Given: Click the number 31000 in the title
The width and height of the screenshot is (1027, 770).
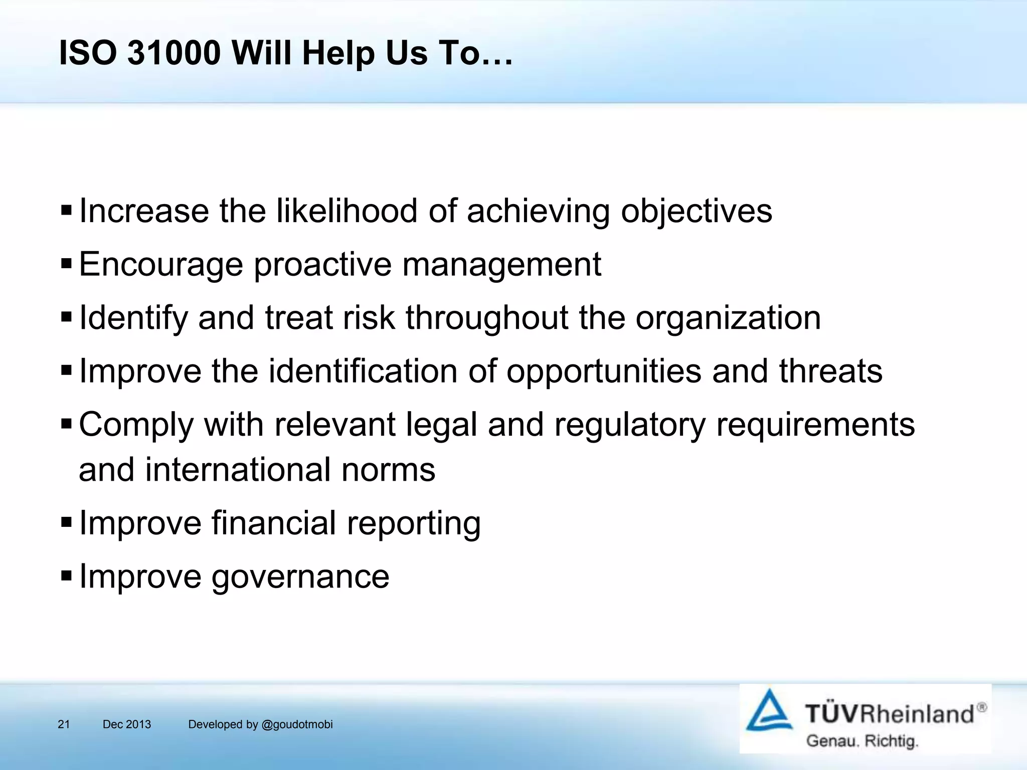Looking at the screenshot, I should (174, 53).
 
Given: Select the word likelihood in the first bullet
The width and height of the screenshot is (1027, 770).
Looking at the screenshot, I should (347, 211).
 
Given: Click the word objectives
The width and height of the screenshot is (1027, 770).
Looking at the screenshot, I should (697, 212).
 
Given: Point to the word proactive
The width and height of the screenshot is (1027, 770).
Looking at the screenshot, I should (322, 265).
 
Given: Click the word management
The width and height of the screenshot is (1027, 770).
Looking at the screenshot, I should (501, 265).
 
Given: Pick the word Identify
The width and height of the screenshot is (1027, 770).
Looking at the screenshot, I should (133, 318).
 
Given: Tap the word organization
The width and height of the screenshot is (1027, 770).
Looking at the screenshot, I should (728, 318).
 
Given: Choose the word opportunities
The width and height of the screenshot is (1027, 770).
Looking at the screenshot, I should (604, 372).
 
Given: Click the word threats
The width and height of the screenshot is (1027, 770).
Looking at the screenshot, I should (830, 371).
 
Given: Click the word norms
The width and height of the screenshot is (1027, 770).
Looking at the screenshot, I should (388, 470).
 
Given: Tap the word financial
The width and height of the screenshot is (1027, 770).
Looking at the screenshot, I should (274, 523).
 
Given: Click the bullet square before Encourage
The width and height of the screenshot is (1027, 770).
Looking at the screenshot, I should (66, 263).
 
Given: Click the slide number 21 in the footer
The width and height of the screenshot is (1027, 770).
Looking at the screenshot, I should (64, 724).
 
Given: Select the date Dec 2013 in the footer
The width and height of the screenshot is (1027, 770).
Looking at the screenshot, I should (126, 724).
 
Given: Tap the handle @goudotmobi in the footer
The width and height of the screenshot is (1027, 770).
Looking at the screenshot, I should (297, 724).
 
